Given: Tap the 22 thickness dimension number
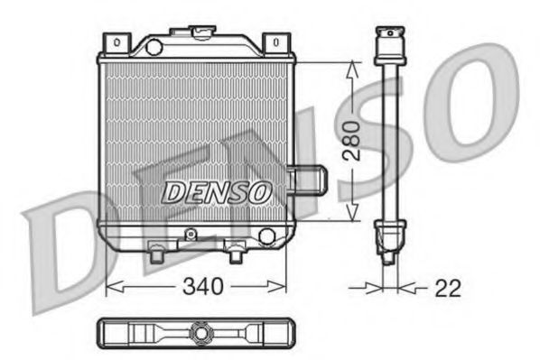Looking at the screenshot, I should (x=447, y=289).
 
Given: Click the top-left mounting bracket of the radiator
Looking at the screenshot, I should (x=115, y=42).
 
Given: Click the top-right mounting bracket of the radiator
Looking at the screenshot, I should (x=275, y=42).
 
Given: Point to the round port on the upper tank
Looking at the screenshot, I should (x=154, y=45).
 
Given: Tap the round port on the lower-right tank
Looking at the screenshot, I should (x=266, y=236).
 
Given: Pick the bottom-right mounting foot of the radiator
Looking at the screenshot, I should (x=237, y=255).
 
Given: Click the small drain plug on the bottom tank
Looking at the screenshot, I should (x=190, y=235).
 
